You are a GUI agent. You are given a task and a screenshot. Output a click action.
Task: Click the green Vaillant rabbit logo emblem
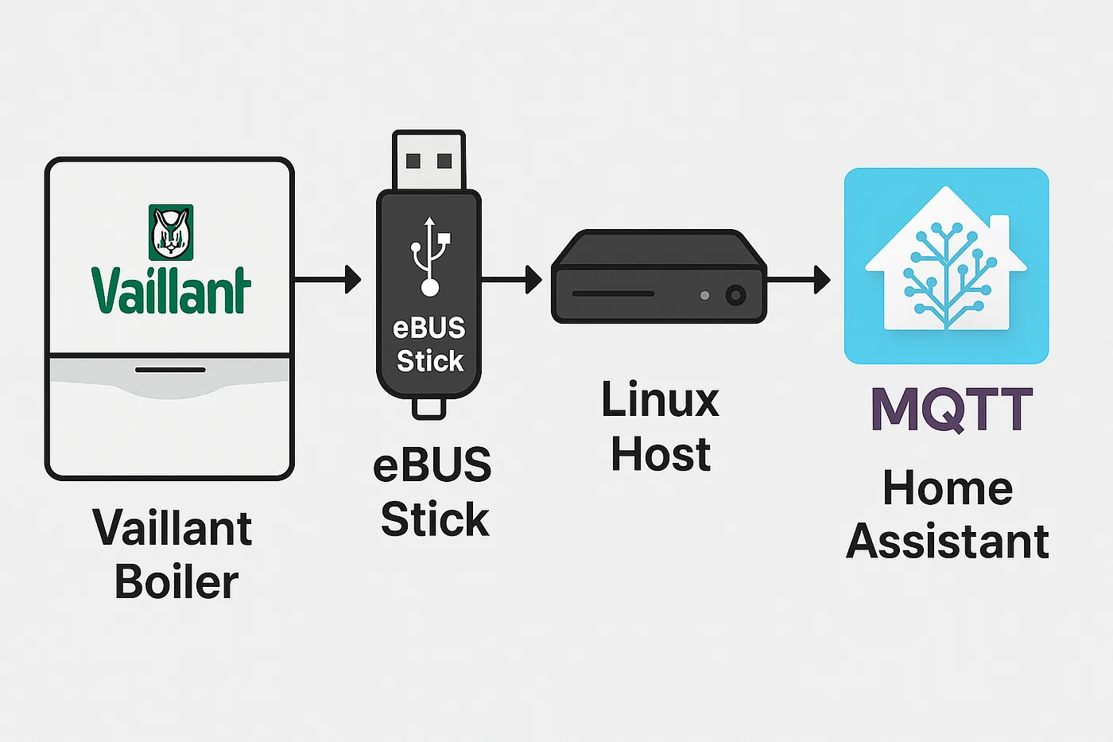click(x=171, y=232)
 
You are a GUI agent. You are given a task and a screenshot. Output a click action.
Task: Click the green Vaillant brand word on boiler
click(x=171, y=290)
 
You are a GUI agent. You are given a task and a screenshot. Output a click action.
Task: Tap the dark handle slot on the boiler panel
click(x=170, y=370)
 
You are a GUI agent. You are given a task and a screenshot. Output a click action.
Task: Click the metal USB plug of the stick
click(x=429, y=161)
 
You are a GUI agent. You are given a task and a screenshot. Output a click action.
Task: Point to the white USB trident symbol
click(x=430, y=254)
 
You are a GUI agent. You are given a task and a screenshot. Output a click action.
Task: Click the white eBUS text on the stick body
click(x=429, y=328)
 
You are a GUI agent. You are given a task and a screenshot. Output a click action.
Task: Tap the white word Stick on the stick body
click(x=429, y=361)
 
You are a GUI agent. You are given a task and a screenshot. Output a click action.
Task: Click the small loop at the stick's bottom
click(x=429, y=409)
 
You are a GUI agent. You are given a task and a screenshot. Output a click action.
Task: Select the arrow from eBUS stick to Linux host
click(x=511, y=279)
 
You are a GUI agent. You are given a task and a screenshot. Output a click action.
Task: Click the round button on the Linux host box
click(x=735, y=296)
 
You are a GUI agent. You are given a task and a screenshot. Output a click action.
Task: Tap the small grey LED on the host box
click(x=704, y=296)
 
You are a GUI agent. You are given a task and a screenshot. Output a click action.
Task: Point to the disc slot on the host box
click(x=613, y=294)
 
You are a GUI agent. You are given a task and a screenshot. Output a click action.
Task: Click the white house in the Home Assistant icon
click(x=946, y=262)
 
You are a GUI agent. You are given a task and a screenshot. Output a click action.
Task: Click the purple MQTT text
click(x=952, y=410)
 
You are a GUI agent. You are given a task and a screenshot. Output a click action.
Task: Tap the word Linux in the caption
click(x=660, y=399)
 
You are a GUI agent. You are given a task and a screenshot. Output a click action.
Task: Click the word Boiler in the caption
click(x=176, y=582)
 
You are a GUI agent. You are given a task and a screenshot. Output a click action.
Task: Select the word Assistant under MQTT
click(x=947, y=542)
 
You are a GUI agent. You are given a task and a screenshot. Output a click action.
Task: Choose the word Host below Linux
click(x=660, y=454)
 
